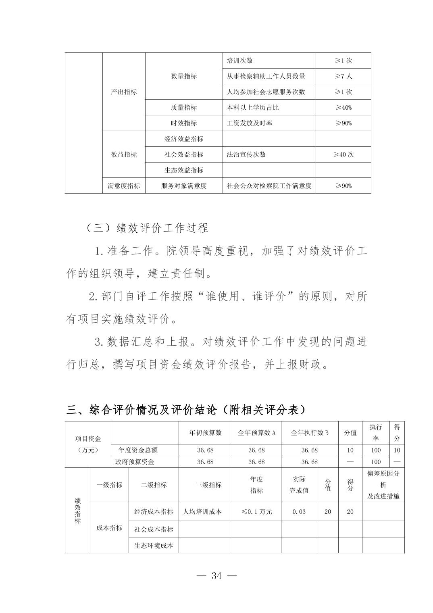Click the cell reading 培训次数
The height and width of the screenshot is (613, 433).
point(239,60)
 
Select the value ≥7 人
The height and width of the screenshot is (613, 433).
point(343,76)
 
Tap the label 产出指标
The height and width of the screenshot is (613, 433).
point(124,92)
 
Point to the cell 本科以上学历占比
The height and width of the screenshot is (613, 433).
point(252,108)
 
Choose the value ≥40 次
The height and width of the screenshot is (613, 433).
point(343,154)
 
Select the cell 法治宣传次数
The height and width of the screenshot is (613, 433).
point(246,154)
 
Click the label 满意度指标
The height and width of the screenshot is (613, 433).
point(124,186)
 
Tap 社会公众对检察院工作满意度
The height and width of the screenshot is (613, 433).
point(269,186)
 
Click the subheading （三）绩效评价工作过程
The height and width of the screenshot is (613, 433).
point(147,228)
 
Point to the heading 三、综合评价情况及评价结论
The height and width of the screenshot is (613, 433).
point(186,410)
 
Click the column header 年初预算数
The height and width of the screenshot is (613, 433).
point(205,433)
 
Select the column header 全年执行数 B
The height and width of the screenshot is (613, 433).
point(310,433)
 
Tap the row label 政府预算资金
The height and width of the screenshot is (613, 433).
point(135,462)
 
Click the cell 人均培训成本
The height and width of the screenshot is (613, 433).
point(202,512)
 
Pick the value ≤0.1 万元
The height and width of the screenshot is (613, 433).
point(256,512)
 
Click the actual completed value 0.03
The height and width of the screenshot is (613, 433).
point(299,512)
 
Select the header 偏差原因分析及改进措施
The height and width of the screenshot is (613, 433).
point(383,485)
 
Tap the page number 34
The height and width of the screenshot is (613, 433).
point(216,576)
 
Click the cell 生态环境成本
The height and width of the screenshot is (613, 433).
point(154,546)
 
